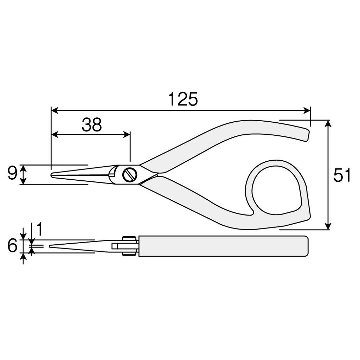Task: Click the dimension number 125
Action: [x=183, y=99]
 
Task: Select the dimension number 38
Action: [x=92, y=125]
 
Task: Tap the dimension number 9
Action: [x=12, y=174]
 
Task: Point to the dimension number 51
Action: [x=342, y=175]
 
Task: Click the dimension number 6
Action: [x=12, y=246]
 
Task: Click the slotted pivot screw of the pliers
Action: [x=129, y=175]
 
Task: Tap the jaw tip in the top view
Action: [x=53, y=175]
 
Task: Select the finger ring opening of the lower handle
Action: [x=276, y=188]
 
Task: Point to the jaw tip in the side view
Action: [x=51, y=246]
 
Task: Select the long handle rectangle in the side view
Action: [x=224, y=246]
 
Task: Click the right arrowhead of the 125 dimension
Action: [x=307, y=110]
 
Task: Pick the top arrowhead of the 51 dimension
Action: [x=328, y=123]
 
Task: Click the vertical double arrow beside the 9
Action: [x=23, y=175]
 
